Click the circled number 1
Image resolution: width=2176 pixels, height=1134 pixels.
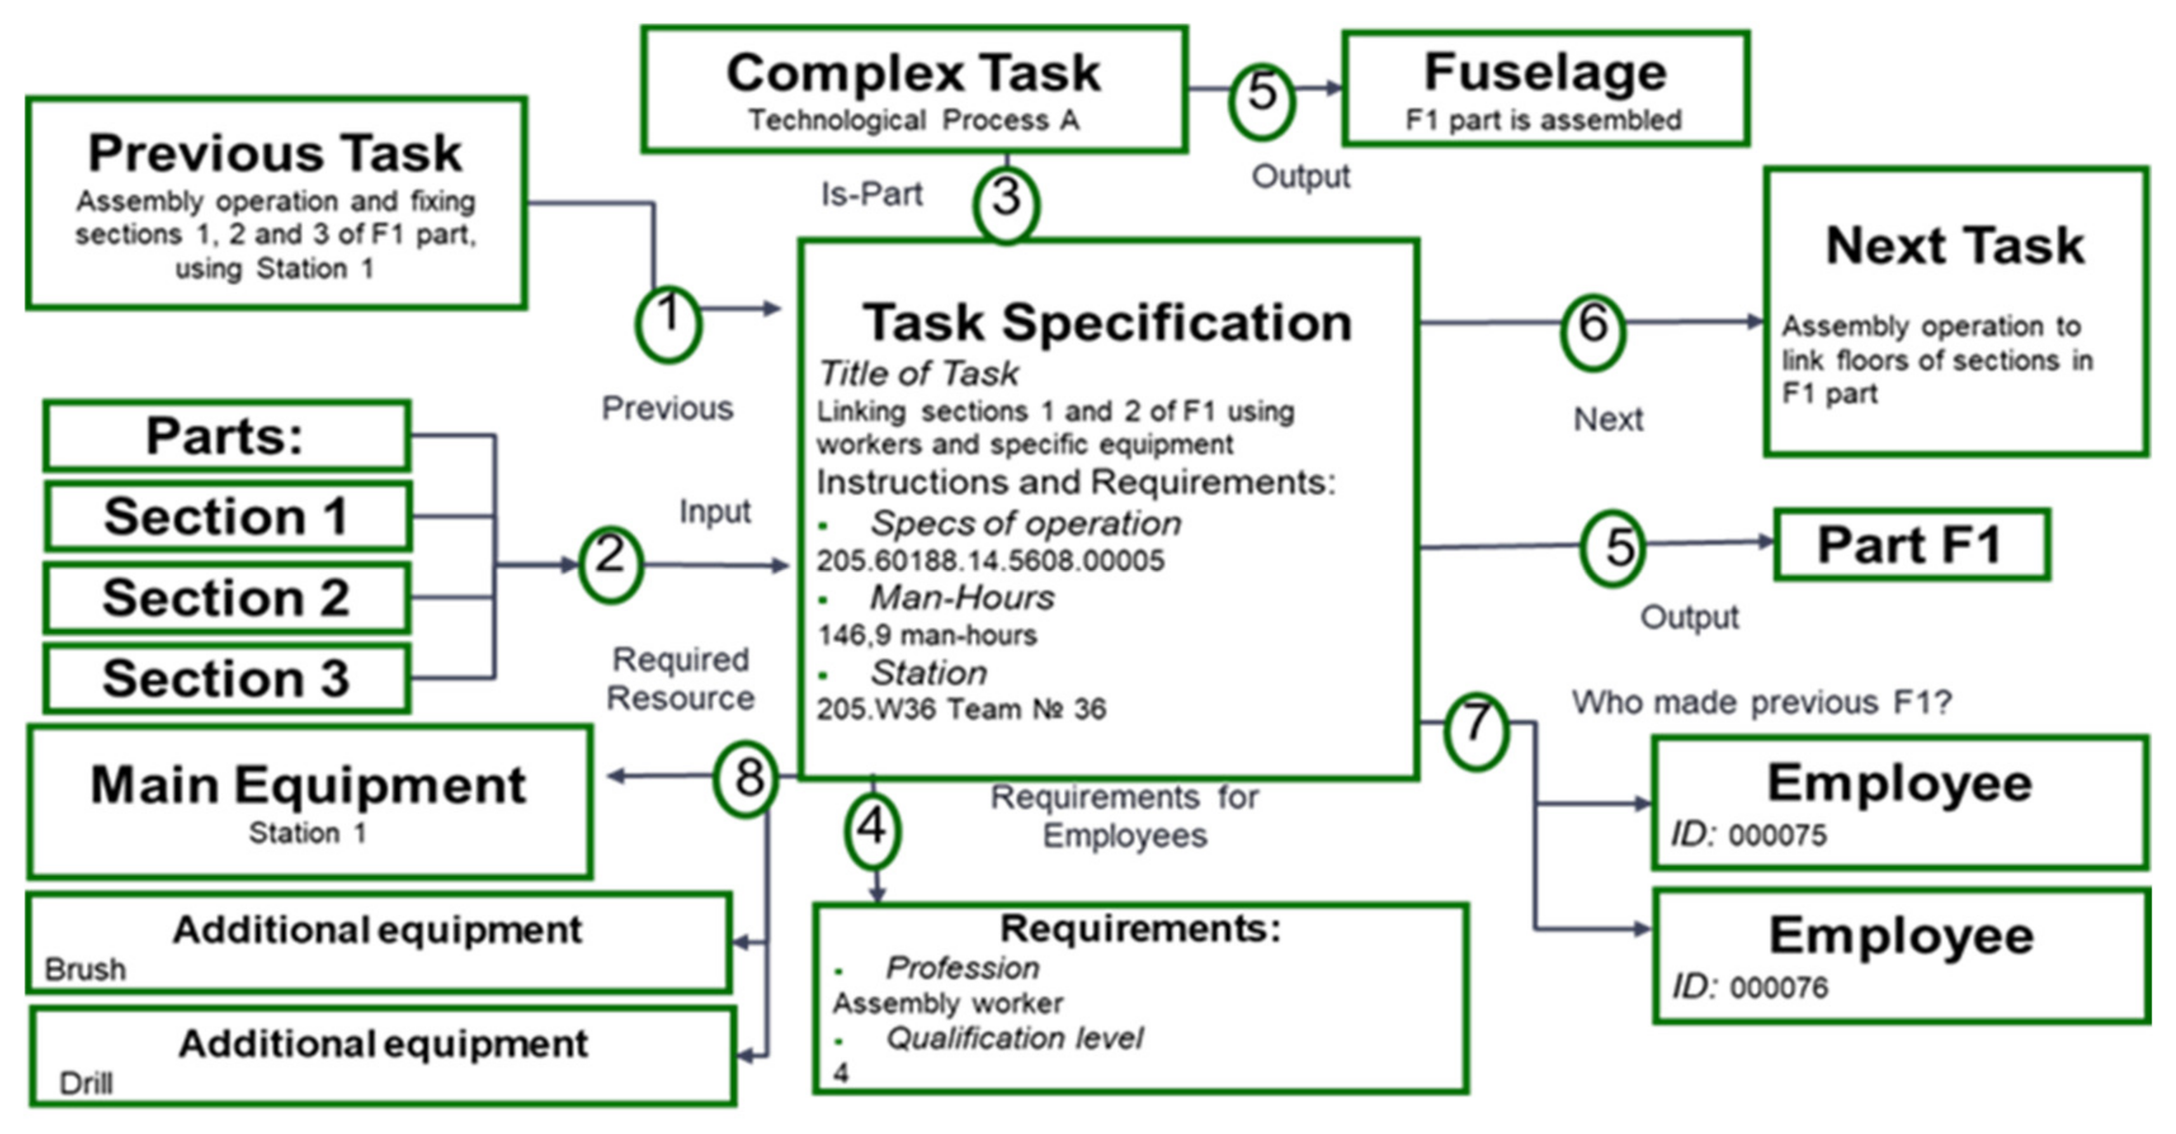[668, 324]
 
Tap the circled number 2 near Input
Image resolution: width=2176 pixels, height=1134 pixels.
[610, 564]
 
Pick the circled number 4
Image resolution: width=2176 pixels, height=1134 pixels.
[873, 831]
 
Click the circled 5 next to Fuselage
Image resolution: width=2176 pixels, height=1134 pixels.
[1261, 100]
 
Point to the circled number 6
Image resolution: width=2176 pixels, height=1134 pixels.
[1592, 332]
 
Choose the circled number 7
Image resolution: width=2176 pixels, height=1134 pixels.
[1475, 731]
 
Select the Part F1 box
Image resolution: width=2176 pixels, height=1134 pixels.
[1911, 545]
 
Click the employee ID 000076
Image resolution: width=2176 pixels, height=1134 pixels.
[1778, 986]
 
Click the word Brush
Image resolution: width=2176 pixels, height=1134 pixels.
[85, 968]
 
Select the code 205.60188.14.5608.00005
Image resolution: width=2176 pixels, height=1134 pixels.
[990, 560]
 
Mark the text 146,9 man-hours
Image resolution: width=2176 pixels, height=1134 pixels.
[926, 634]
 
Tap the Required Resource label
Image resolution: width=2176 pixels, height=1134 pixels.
[680, 678]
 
